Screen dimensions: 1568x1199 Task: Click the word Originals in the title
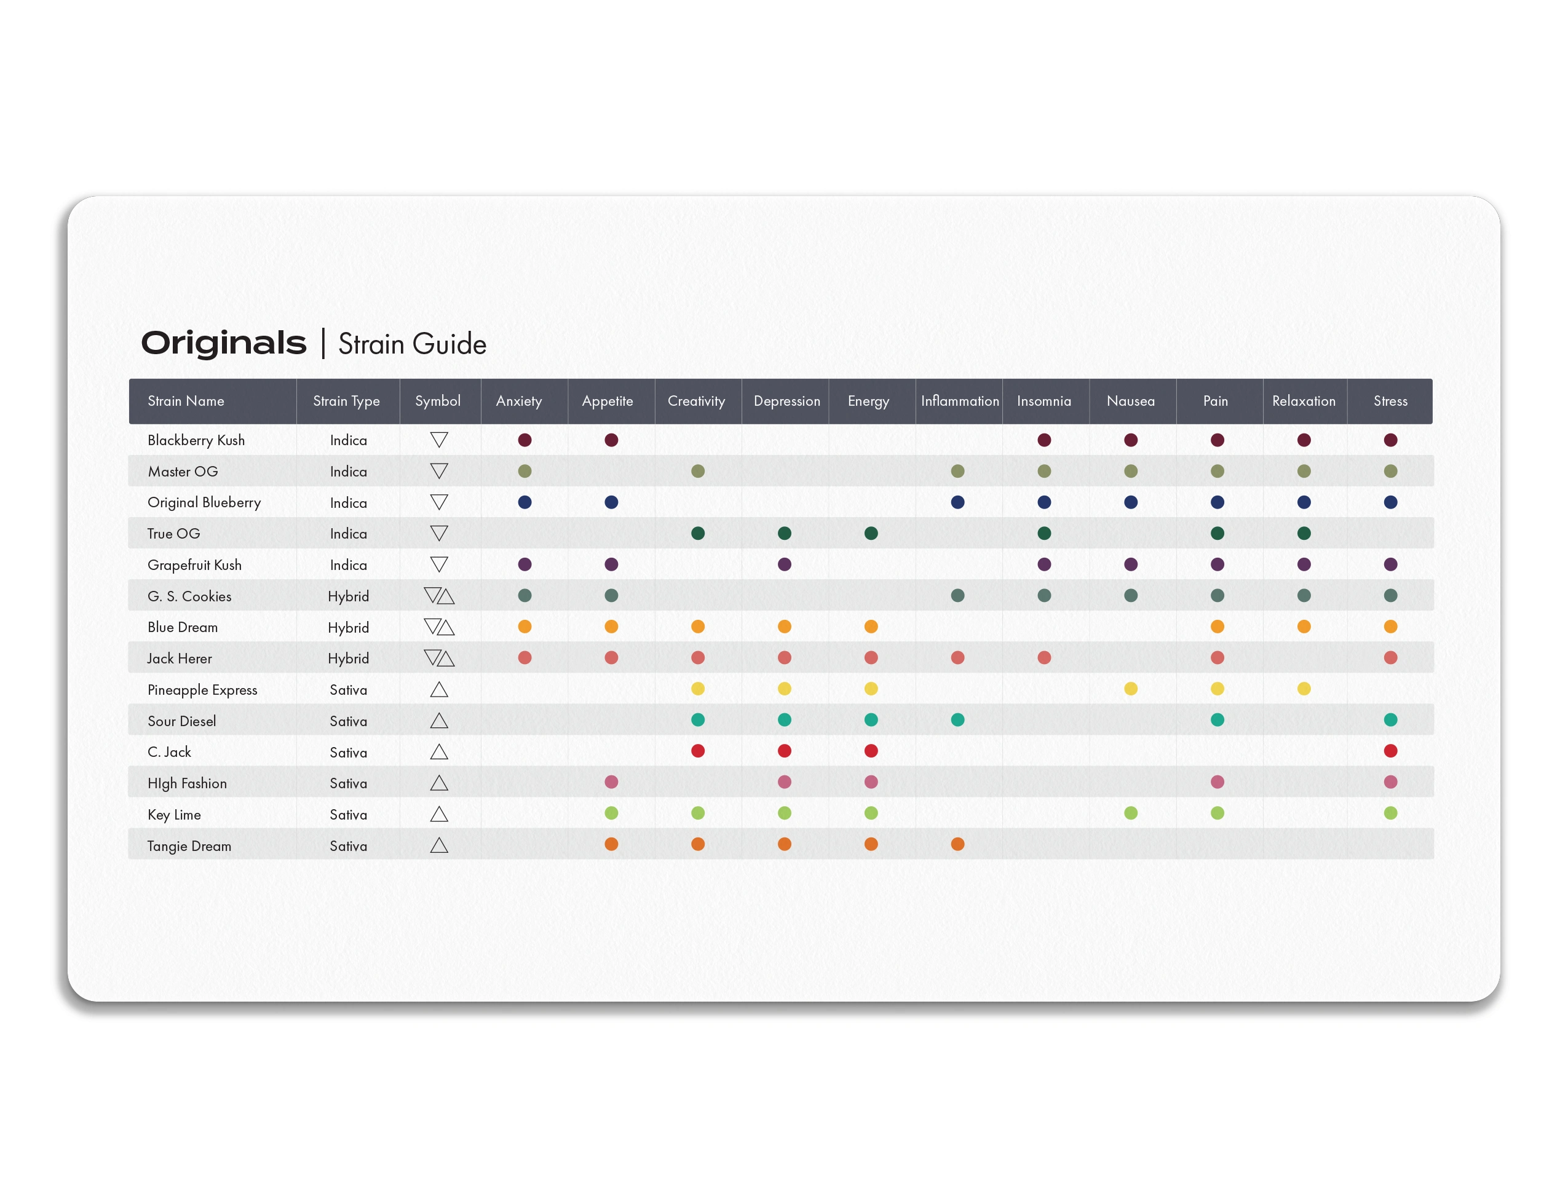coord(223,343)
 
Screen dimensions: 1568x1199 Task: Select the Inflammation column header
coord(959,401)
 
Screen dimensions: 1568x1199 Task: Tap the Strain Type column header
coord(346,402)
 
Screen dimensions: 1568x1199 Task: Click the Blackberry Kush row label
coord(196,440)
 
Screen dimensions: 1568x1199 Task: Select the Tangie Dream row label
coord(189,847)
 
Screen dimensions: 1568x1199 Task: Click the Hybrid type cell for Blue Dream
coord(348,628)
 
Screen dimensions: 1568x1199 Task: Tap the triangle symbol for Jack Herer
coord(439,658)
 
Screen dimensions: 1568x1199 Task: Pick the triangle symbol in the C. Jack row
coord(439,752)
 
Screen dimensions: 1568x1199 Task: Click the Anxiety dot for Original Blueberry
coord(525,502)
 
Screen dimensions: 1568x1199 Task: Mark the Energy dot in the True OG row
coord(871,533)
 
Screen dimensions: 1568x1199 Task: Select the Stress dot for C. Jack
coord(1390,751)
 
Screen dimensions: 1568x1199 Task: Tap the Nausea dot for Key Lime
coord(1131,813)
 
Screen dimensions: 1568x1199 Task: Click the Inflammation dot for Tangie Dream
coord(958,844)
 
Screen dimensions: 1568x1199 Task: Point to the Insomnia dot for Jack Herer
coord(1044,657)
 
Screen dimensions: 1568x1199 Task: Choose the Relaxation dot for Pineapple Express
coord(1304,689)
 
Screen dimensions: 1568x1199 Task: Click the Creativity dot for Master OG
coord(698,471)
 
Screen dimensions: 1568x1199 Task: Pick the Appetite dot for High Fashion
coord(611,782)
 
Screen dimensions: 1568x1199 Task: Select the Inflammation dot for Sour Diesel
coord(958,719)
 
